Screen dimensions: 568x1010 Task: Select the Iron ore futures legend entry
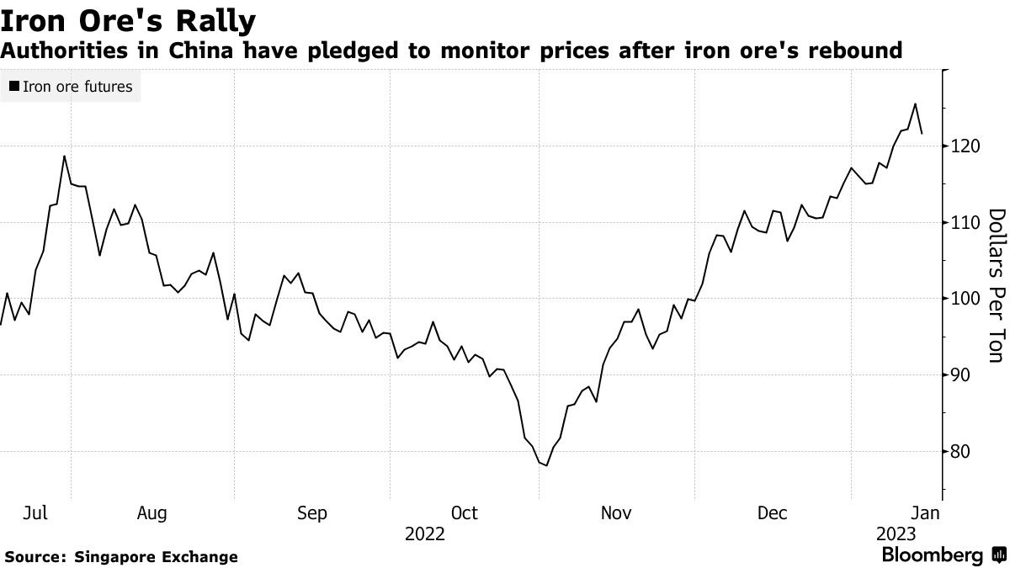[71, 86]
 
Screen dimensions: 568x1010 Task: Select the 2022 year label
[424, 533]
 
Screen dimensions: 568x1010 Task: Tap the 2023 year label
[896, 533]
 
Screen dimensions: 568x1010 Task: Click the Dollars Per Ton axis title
[997, 285]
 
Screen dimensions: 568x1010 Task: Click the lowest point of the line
[547, 465]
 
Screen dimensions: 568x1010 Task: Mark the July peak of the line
[65, 156]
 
